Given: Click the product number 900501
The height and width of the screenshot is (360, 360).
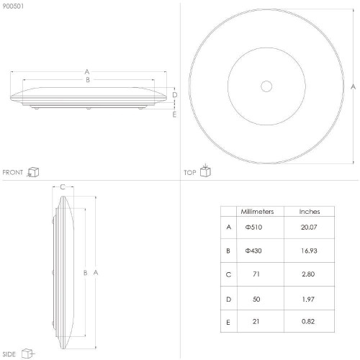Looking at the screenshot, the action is [x=13, y=6].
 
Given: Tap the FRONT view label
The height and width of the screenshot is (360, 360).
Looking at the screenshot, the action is [x=13, y=172].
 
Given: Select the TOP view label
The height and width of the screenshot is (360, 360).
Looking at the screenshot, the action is [x=190, y=173].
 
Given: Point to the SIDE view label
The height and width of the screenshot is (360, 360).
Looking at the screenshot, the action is [x=9, y=354].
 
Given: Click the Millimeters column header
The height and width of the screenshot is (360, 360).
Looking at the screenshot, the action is [x=257, y=212].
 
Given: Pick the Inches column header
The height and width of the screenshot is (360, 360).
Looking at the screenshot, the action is [x=310, y=212].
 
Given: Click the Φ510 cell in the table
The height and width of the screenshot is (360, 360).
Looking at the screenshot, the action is [x=253, y=227].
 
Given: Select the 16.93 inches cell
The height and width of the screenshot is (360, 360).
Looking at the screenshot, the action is [x=309, y=251].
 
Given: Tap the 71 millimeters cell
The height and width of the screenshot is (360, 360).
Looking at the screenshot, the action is [x=256, y=274].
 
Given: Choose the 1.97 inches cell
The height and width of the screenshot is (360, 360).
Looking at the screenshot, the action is [x=308, y=300].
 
